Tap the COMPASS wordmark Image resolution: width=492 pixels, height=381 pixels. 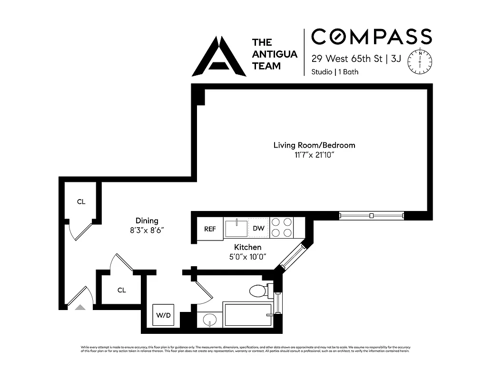pos(371,37)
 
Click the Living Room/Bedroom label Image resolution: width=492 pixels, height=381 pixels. pos(314,145)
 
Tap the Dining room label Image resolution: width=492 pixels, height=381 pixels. pos(147,221)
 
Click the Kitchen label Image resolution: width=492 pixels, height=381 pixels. pos(247,247)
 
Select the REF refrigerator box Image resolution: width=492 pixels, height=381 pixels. pos(210,229)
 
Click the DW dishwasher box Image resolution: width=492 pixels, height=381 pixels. pos(258,229)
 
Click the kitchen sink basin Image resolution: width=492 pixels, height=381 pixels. pos(236,228)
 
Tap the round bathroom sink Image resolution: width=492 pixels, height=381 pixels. pos(209,321)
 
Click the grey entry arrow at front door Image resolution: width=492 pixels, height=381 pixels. pos(80,307)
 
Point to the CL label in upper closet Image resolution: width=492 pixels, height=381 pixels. pos(81,202)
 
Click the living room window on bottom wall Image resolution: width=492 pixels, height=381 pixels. pos(371,216)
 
